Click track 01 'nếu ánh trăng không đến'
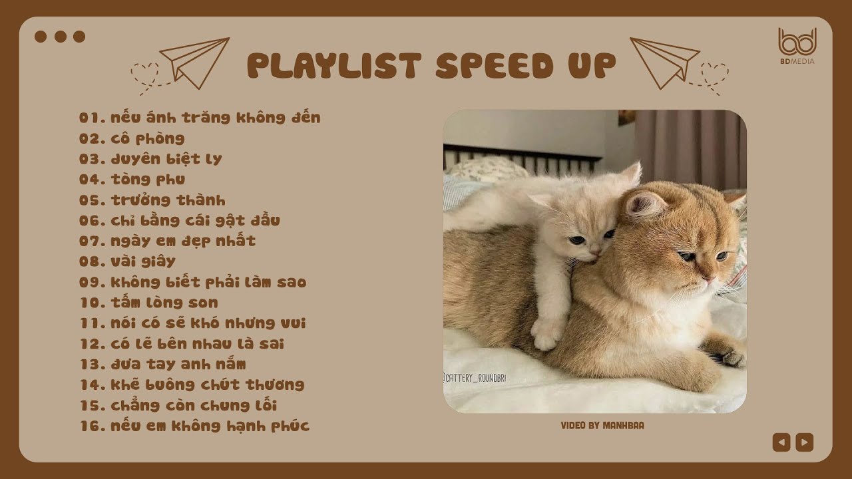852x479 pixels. click(200, 118)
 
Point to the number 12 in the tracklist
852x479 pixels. click(89, 344)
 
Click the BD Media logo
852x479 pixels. click(797, 46)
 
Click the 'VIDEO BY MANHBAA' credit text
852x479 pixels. click(602, 425)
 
